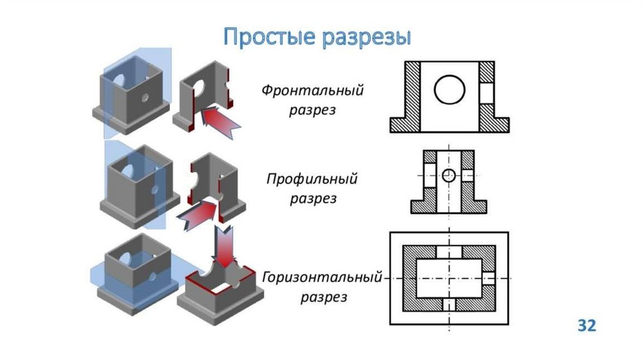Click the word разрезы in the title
[x=366, y=38]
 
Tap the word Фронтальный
[x=312, y=90]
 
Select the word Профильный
[x=312, y=180]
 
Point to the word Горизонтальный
[x=322, y=277]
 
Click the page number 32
[x=586, y=326]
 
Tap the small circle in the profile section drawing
[x=448, y=176]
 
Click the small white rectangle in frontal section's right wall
[x=487, y=93]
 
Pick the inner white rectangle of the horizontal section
[x=449, y=277]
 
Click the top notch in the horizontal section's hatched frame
[x=449, y=250]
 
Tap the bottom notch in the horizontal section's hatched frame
[x=449, y=304]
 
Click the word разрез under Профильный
[x=313, y=199]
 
